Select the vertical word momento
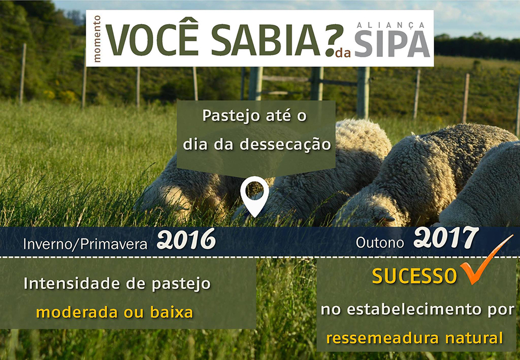[97, 39]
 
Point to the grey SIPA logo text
[393, 43]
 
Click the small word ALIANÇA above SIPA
[390, 25]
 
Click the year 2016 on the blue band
[186, 239]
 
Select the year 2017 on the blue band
[446, 237]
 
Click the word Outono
[380, 243]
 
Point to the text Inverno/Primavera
[85, 244]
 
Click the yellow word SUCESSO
[415, 276]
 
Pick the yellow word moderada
[77, 312]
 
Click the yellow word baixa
[171, 312]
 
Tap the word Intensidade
[72, 284]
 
